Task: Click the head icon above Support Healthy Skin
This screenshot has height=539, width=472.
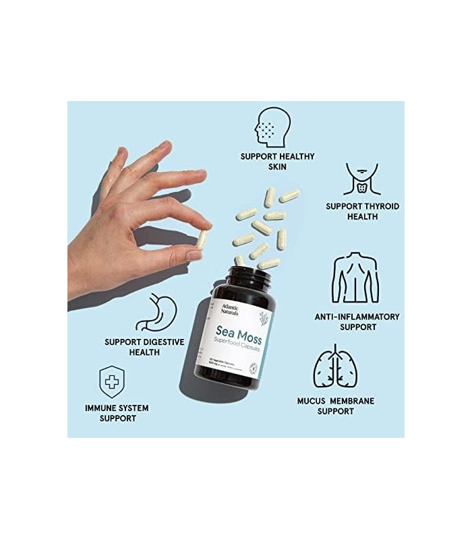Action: click(x=272, y=127)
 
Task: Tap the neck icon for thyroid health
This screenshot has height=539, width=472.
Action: click(x=361, y=179)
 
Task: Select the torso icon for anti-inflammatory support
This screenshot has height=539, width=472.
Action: click(x=355, y=278)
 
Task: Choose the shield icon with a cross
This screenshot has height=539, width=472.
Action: click(x=111, y=382)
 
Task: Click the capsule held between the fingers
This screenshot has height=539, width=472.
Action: click(x=201, y=239)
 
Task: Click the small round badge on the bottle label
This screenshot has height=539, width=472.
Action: click(x=252, y=367)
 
